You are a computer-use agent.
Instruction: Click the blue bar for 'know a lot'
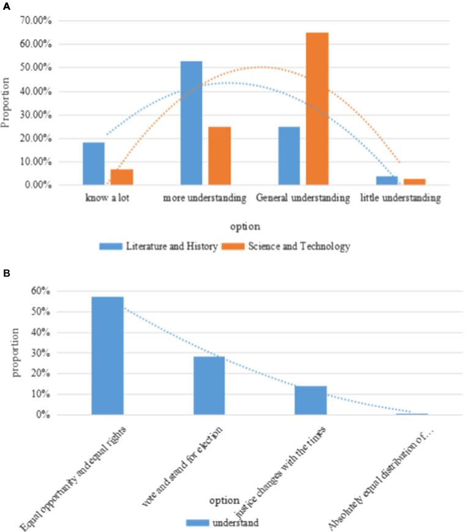tap(94, 163)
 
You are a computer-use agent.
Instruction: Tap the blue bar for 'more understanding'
tap(191, 123)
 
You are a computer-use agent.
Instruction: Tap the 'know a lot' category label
tap(107, 199)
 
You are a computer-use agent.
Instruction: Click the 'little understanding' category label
tap(400, 199)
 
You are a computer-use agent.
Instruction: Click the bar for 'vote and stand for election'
tap(209, 386)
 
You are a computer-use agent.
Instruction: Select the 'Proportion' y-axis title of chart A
tap(7, 103)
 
